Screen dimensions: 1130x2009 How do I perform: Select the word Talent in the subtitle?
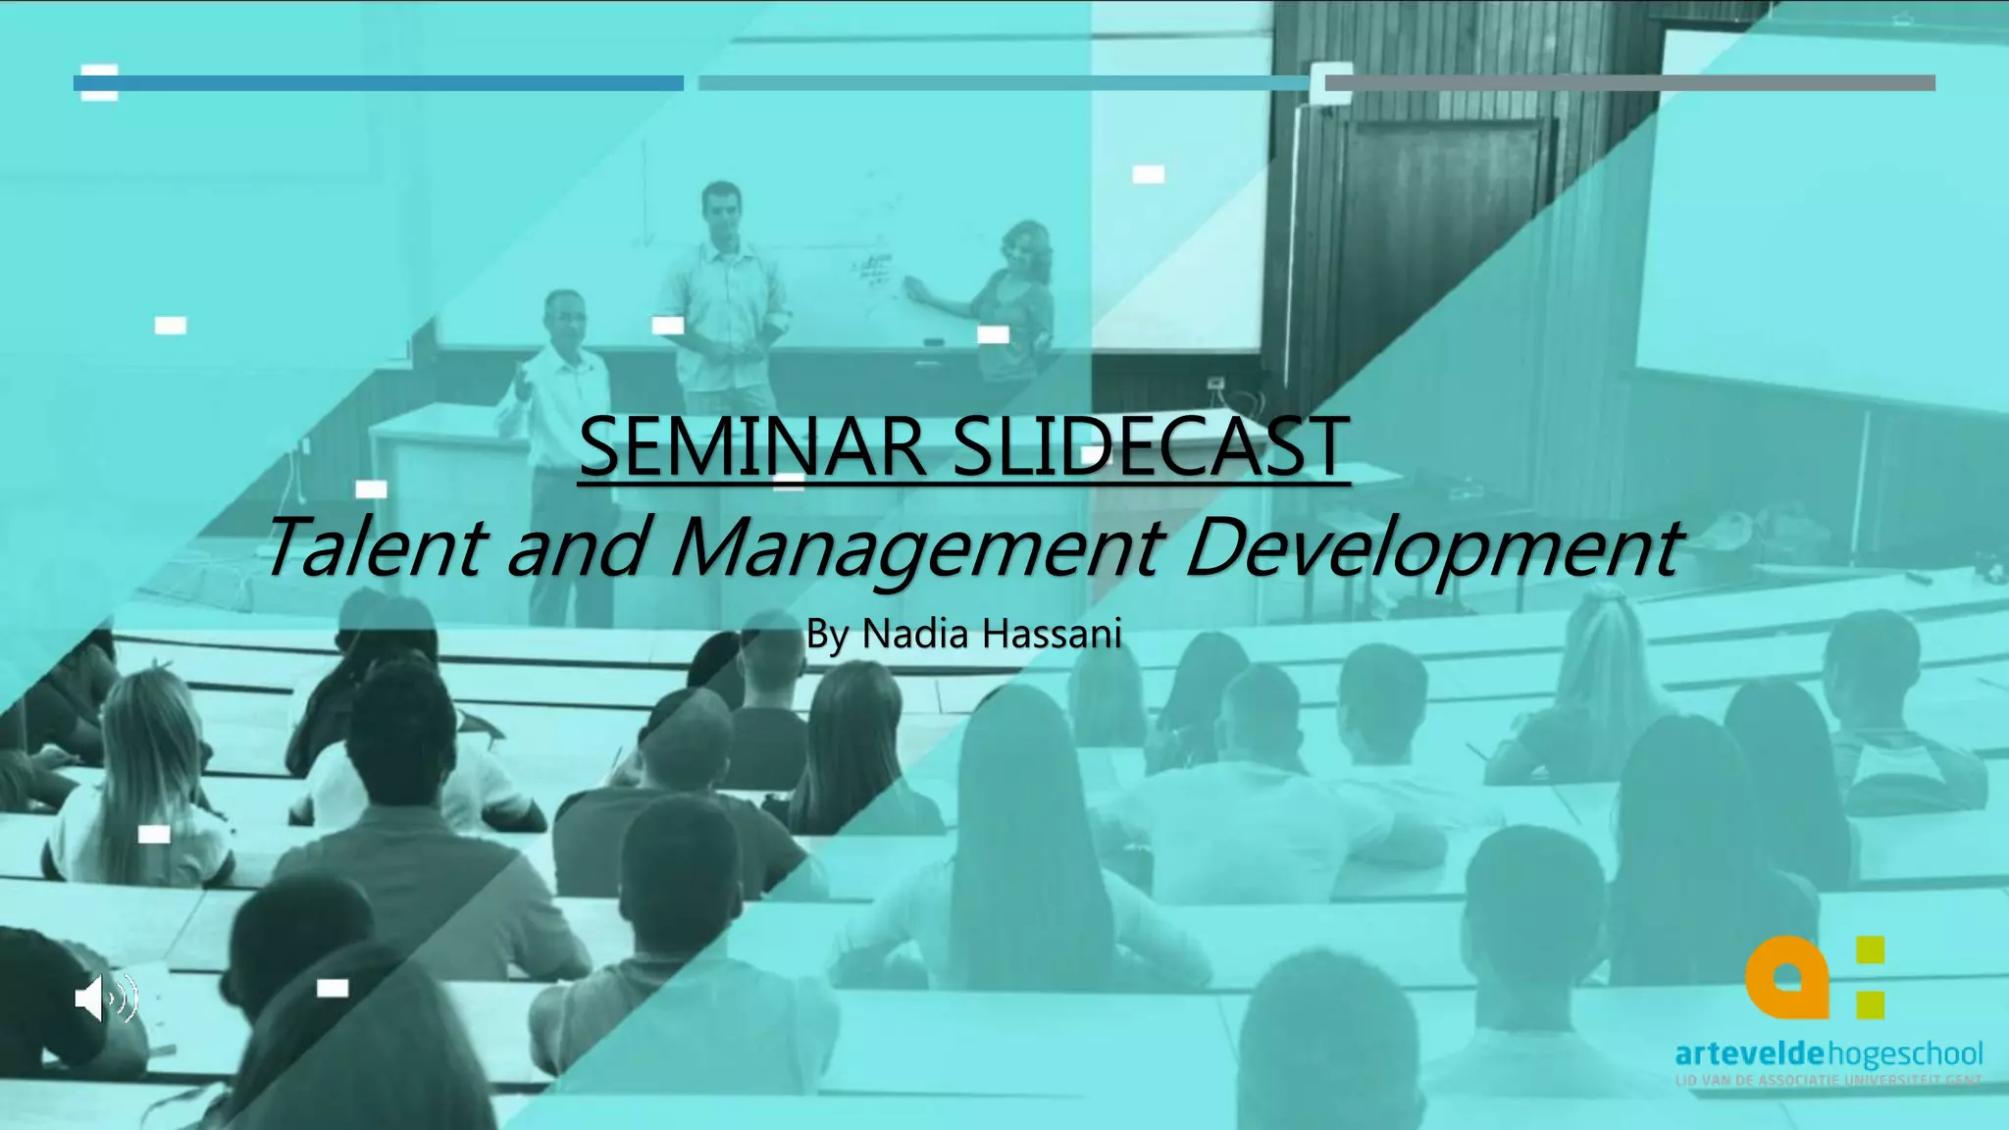[375, 546]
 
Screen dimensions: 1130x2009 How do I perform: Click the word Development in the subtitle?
[1433, 546]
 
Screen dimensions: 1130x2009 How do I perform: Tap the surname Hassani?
[1052, 634]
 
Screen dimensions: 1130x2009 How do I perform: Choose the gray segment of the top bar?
[1629, 83]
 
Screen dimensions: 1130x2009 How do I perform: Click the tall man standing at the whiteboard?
[722, 294]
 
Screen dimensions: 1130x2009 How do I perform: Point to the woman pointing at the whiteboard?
[1015, 294]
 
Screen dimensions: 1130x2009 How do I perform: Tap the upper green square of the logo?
[1871, 950]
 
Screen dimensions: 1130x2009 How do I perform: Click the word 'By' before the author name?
[826, 635]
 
